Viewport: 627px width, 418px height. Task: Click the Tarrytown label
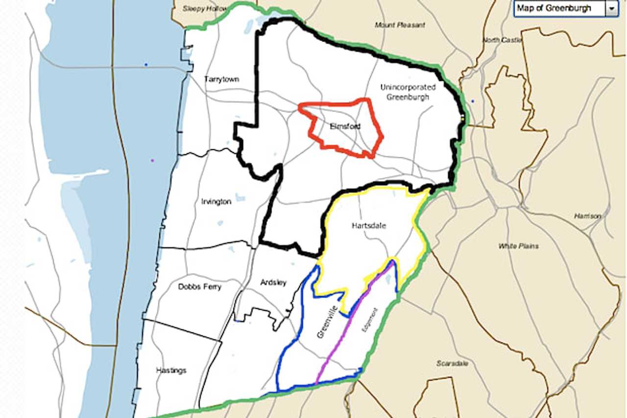pos(221,79)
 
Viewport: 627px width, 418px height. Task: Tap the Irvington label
pos(216,202)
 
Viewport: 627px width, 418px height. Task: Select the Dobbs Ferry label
pos(199,287)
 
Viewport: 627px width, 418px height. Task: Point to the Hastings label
pos(171,371)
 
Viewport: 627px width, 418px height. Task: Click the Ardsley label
pos(273,282)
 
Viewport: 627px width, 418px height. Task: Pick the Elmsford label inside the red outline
pos(345,126)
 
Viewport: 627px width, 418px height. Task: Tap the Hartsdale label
pos(369,226)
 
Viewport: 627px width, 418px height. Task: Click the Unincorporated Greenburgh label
pos(408,92)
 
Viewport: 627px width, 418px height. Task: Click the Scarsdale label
pos(452,363)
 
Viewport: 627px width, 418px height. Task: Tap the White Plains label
pos(518,246)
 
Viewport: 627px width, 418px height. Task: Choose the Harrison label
pos(587,216)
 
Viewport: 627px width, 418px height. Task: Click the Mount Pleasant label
pos(400,25)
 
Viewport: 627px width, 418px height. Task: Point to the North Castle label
pos(502,40)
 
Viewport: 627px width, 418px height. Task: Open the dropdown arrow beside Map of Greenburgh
pos(611,9)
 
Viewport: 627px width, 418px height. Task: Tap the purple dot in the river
pos(152,161)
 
